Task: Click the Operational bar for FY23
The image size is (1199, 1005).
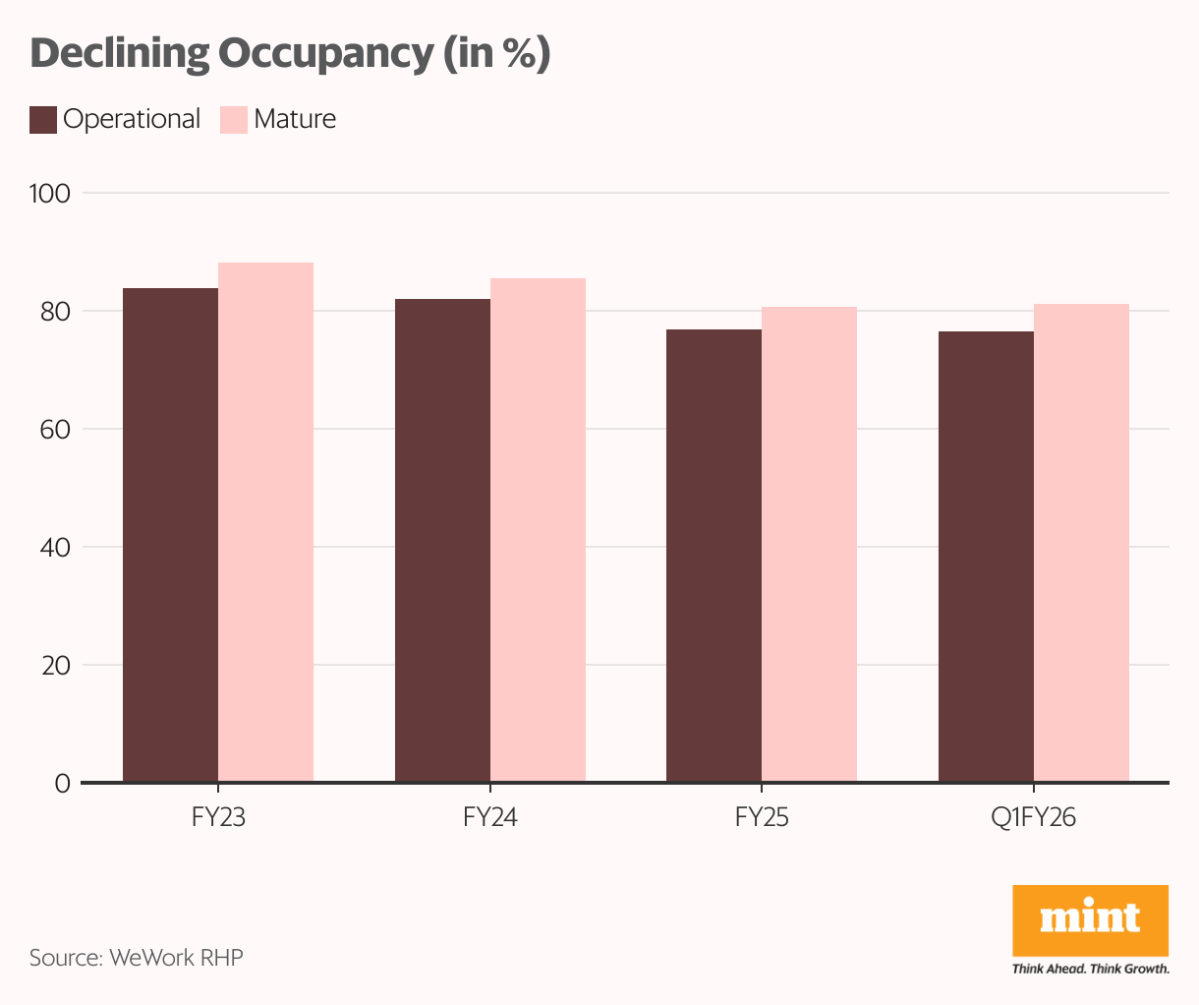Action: [x=170, y=535]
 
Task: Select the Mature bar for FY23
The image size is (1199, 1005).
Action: [x=265, y=522]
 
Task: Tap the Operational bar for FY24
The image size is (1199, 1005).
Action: [x=442, y=541]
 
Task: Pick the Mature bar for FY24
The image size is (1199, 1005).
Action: [x=538, y=530]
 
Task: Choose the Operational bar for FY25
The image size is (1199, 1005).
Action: [x=714, y=556]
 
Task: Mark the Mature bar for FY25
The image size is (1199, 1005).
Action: [x=809, y=545]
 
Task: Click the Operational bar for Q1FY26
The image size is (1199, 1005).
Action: [x=986, y=557]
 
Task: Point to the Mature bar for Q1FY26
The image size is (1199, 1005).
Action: [x=1081, y=543]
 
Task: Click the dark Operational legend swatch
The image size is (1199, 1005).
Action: [x=43, y=120]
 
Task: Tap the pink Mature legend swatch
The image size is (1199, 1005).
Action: [x=233, y=120]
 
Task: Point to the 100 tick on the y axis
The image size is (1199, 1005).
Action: [x=50, y=194]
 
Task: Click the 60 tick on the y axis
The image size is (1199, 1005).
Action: [x=56, y=430]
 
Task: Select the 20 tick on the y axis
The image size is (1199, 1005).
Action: [x=56, y=666]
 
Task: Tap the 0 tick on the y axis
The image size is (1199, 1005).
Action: [x=62, y=784]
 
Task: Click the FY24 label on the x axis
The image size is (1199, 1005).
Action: [x=489, y=818]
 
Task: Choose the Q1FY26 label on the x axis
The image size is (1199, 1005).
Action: [x=1033, y=818]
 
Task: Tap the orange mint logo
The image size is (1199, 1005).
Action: [x=1090, y=920]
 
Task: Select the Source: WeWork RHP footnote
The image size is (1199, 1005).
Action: [x=136, y=957]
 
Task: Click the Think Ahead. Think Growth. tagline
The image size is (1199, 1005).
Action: [x=1090, y=969]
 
